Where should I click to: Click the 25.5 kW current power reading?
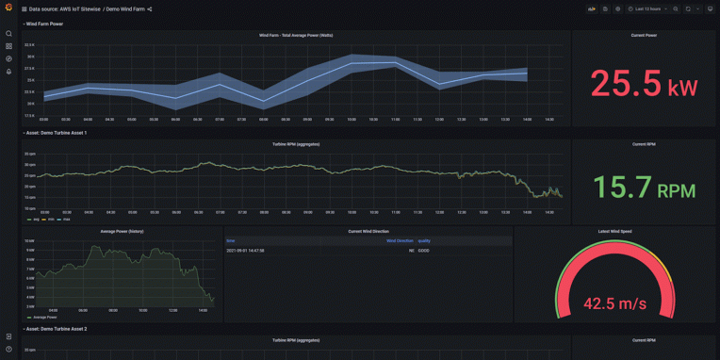point(644,84)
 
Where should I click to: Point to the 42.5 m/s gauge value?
point(614,303)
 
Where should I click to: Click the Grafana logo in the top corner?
point(8,8)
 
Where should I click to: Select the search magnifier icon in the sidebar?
point(8,33)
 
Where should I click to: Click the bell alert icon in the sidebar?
point(8,71)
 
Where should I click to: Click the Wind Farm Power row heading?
point(44,24)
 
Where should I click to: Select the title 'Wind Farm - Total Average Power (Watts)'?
point(296,35)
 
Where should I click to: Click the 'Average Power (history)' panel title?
point(122,231)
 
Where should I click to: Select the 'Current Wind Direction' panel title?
point(368,231)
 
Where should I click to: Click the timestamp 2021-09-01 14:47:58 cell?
point(245,251)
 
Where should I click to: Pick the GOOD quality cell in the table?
point(424,251)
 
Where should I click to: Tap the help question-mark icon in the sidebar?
point(8,350)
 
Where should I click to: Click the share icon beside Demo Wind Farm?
point(150,8)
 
